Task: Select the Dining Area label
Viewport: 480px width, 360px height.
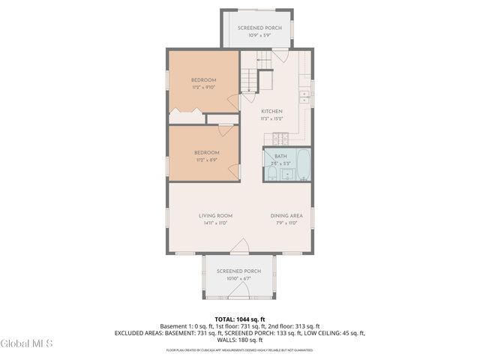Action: coord(286,216)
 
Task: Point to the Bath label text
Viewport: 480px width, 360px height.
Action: coord(280,156)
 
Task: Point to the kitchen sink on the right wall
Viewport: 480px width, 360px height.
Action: coord(304,96)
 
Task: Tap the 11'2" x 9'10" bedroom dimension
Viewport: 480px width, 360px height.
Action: coord(203,88)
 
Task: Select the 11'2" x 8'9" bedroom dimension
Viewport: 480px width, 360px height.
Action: coord(206,159)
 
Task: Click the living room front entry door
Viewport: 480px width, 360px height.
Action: coord(239,247)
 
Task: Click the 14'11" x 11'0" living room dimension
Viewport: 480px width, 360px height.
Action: coord(214,223)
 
